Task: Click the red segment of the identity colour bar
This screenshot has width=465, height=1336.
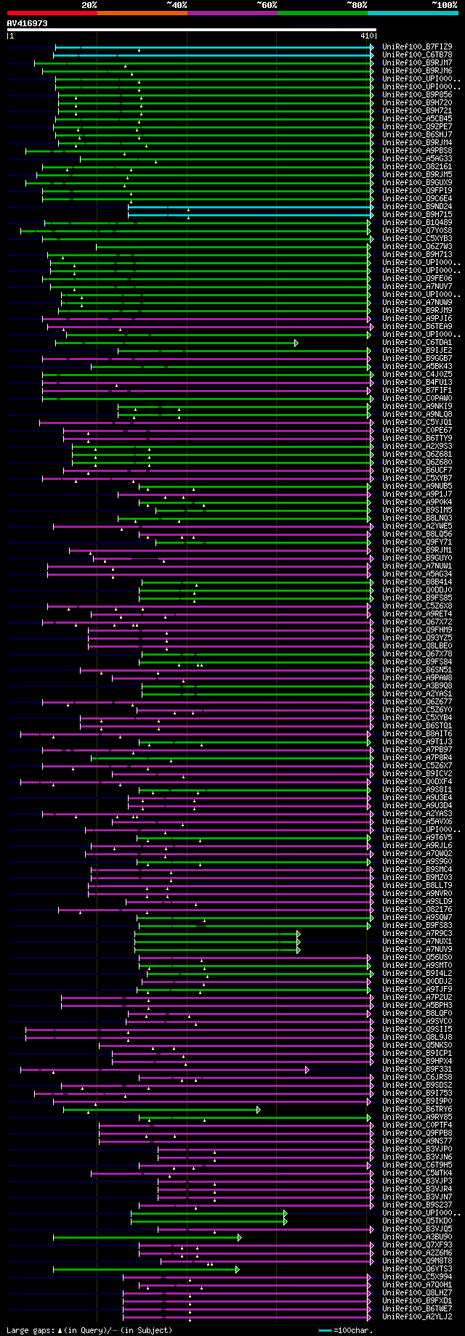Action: point(52,12)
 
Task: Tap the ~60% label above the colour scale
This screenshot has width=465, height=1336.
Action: point(266,5)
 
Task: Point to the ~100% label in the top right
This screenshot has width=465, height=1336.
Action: point(444,5)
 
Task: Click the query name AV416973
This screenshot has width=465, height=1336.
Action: point(28,23)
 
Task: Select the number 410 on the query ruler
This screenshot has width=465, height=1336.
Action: point(366,35)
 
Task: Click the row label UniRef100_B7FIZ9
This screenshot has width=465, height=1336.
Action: point(417,46)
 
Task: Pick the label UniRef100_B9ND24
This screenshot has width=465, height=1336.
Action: point(417,207)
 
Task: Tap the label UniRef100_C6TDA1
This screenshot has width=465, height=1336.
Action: point(417,343)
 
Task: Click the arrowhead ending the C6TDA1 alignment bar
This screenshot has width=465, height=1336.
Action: point(296,343)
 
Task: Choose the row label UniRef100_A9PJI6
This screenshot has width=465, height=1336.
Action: point(417,319)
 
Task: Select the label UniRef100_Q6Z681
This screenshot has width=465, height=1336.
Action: point(417,455)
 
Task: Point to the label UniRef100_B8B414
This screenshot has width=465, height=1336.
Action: point(417,582)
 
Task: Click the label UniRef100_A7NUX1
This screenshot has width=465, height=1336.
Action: point(417,942)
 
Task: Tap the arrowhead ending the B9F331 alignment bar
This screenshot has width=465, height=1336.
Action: point(307,1070)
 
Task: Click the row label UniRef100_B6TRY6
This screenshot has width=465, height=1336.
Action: point(417,1109)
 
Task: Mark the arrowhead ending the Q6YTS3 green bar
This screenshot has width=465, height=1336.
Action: point(237,1269)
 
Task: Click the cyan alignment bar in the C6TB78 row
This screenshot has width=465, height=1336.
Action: point(218,54)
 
